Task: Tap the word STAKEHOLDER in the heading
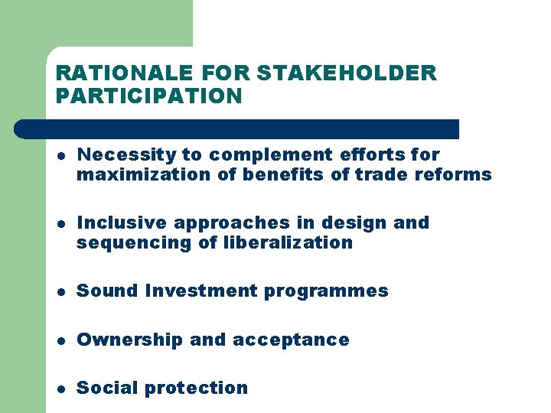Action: coord(347,73)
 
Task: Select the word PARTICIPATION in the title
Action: coord(149,96)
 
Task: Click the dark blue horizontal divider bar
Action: coord(237,129)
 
